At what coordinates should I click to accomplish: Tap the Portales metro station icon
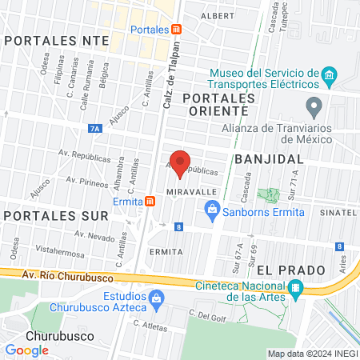(x=176, y=29)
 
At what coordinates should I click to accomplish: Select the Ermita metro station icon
(x=150, y=201)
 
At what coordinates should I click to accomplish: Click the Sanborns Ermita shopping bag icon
(x=212, y=211)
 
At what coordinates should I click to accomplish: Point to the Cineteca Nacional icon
(x=296, y=288)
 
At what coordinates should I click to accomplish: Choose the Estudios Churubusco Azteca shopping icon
(x=157, y=300)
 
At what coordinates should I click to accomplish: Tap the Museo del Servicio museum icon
(x=329, y=77)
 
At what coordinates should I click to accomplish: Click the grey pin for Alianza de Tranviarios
(x=314, y=105)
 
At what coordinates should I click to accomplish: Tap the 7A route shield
(x=95, y=128)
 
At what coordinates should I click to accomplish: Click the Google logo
(x=27, y=350)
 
